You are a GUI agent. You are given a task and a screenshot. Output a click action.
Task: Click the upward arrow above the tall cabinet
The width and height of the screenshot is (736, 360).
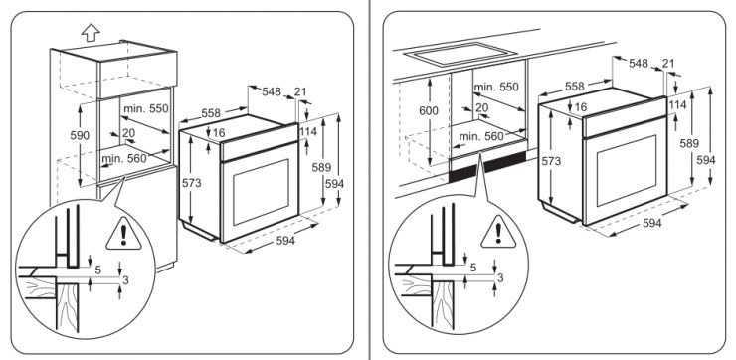(91, 33)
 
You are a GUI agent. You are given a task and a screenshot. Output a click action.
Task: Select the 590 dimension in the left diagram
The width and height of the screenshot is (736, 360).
(80, 136)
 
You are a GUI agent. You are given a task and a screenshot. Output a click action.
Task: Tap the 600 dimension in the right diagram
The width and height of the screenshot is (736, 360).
(429, 110)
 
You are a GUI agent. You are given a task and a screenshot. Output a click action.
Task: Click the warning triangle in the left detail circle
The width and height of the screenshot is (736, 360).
(123, 234)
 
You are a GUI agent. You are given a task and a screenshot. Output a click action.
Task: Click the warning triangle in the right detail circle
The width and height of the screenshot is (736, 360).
(498, 232)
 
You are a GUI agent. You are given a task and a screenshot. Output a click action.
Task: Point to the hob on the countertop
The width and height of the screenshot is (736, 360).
(454, 53)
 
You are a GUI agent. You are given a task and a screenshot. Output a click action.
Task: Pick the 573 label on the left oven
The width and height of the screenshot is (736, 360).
(192, 183)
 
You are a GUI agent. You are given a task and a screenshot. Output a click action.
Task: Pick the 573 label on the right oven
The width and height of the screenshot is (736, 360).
(551, 161)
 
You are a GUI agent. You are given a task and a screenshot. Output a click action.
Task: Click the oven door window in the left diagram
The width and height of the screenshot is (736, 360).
(261, 192)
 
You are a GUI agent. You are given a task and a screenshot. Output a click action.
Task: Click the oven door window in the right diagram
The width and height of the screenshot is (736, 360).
(627, 171)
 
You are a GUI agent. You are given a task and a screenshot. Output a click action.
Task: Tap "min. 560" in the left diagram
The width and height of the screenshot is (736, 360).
(124, 159)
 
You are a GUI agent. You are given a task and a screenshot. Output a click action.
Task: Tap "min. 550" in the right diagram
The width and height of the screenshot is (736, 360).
(496, 87)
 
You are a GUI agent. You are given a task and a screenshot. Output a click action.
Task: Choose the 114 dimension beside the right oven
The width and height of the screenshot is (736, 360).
(677, 104)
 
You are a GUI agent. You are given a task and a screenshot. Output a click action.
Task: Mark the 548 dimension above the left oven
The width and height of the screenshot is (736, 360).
(272, 91)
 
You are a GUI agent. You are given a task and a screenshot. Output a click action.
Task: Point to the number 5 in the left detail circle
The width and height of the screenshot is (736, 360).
(98, 270)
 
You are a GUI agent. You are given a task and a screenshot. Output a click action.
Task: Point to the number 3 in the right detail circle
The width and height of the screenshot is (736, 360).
(500, 277)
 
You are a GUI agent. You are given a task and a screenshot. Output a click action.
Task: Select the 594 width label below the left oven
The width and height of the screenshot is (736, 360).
(285, 241)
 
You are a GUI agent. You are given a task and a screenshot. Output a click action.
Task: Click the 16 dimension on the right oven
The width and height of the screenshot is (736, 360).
(581, 107)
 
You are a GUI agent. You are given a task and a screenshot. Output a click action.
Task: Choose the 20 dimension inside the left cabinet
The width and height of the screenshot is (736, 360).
(128, 133)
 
